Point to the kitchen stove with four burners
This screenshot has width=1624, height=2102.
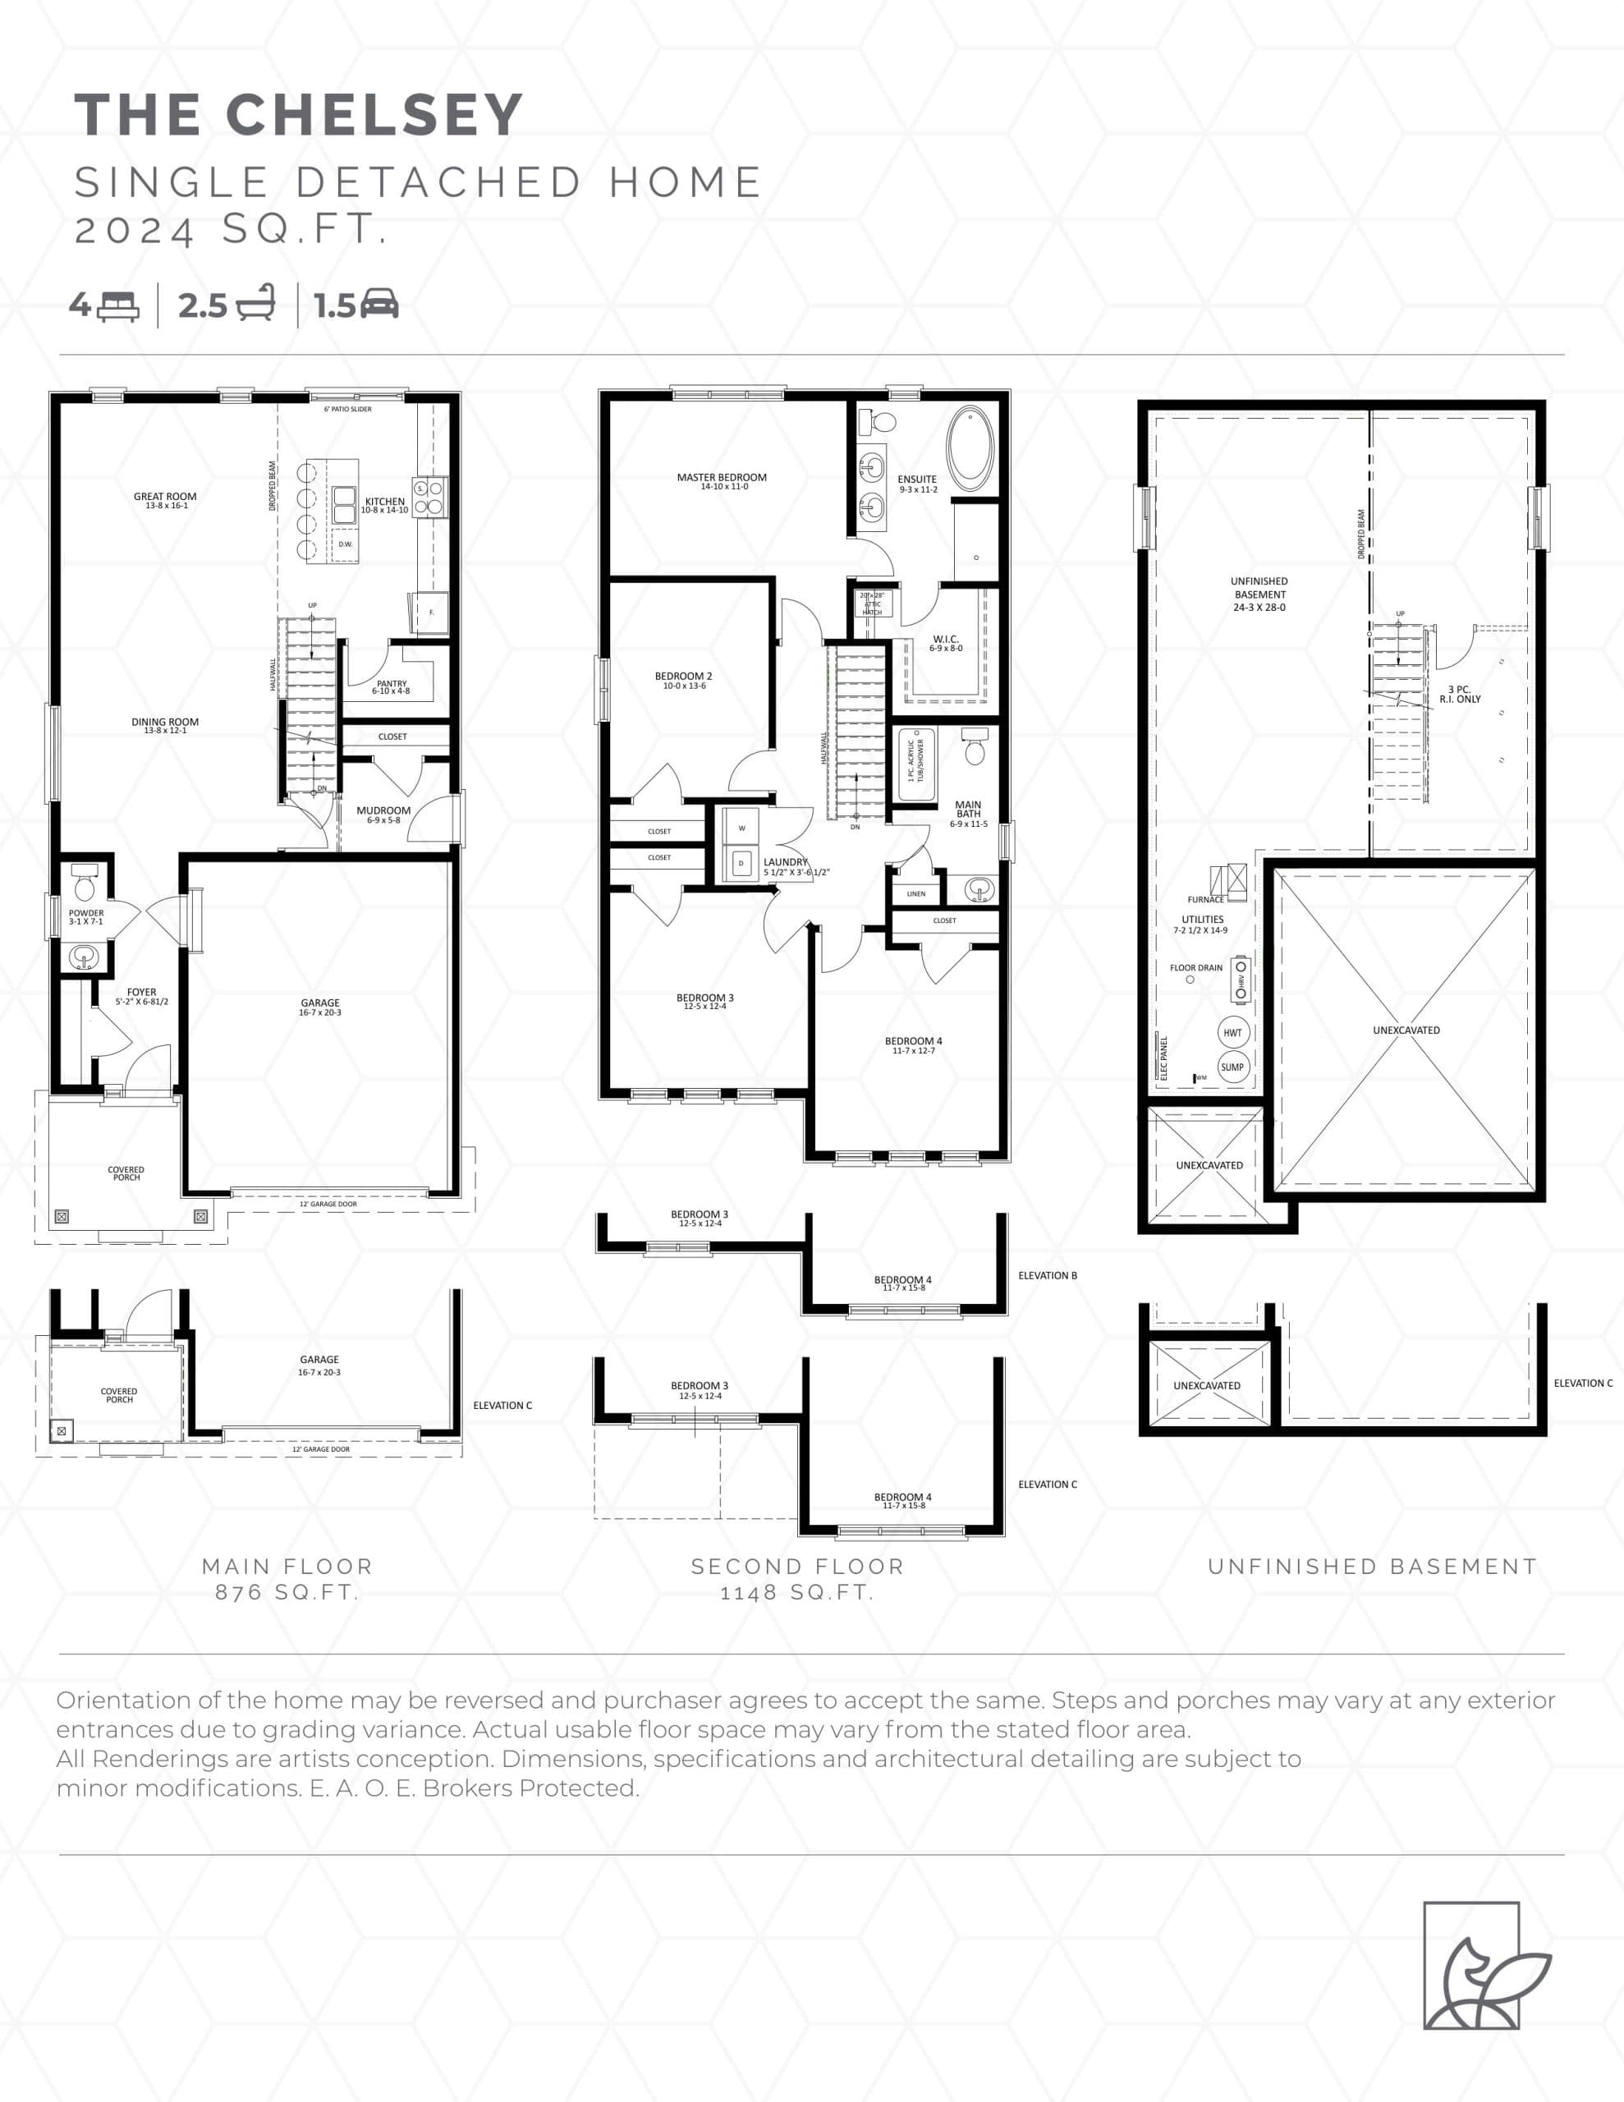(x=429, y=498)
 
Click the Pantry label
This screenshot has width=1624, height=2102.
(x=391, y=686)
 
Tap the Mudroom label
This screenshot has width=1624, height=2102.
(x=383, y=813)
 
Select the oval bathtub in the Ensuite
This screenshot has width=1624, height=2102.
(x=970, y=449)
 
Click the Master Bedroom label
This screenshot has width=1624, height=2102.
(x=721, y=480)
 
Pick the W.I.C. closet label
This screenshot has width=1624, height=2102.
(x=945, y=642)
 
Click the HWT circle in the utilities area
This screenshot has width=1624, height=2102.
(x=1232, y=1033)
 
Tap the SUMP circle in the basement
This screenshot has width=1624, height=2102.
(x=1232, y=1067)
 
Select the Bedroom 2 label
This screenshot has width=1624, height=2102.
(x=683, y=680)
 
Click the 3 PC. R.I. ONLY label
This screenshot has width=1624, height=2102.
(x=1460, y=694)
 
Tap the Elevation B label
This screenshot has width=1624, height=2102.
(x=1048, y=1275)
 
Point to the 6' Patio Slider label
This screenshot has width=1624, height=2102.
(x=347, y=409)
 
